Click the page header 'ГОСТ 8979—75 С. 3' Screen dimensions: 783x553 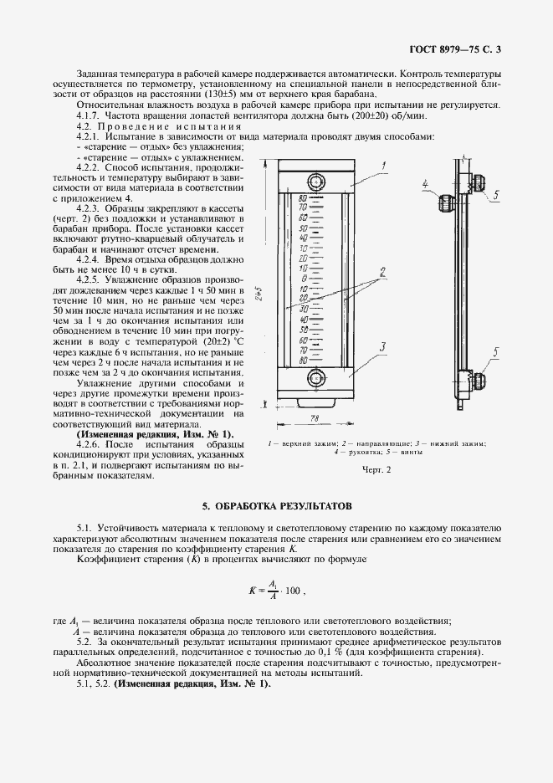coord(455,50)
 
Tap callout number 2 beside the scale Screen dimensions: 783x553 coord(381,271)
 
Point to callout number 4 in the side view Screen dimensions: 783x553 coord(426,183)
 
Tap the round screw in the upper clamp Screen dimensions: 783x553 coord(315,182)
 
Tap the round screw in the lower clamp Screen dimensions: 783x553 coord(315,377)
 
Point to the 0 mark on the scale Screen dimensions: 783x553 coord(305,279)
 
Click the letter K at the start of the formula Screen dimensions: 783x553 coord(252,591)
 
